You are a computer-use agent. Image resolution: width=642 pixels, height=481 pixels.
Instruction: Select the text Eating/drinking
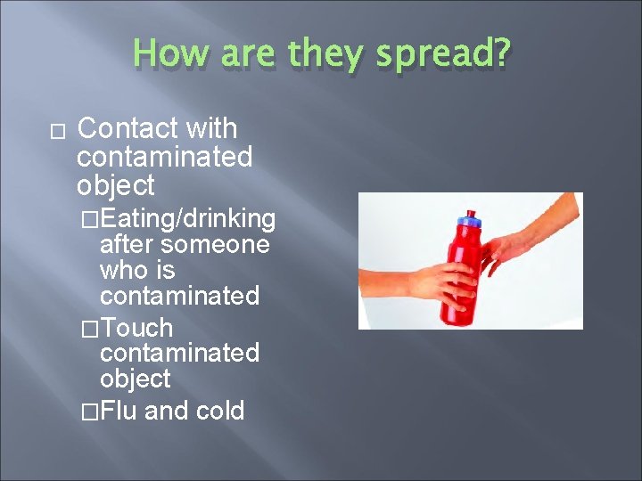tap(188, 218)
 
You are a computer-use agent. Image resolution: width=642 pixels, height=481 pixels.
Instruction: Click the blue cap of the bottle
tap(466, 220)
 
